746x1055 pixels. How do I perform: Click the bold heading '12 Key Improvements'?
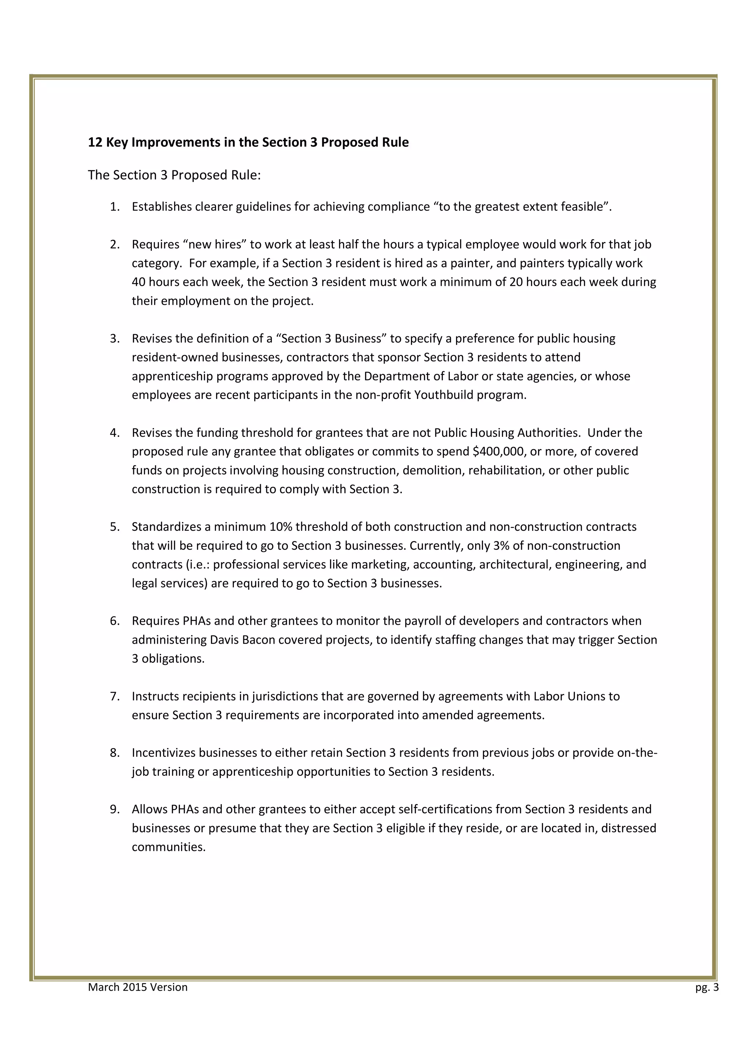coord(248,142)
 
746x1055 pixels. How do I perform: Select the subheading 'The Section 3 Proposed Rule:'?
coord(174,175)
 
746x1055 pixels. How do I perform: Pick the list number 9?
coord(114,809)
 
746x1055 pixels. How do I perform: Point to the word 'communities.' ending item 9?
coord(169,847)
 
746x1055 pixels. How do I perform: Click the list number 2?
coord(114,244)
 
